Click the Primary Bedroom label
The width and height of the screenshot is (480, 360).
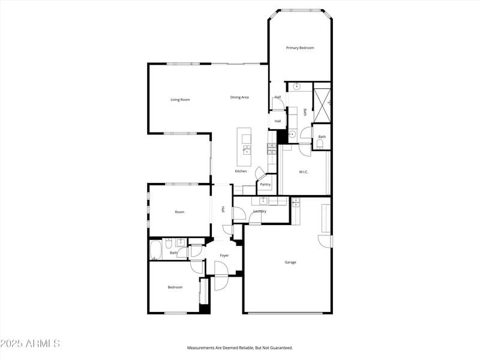[300, 48]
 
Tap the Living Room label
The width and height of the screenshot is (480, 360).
[180, 100]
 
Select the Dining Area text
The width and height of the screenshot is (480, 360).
[239, 97]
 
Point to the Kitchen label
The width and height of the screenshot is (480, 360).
[241, 172]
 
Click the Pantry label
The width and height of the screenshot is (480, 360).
[265, 184]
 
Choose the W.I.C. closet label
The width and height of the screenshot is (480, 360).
[304, 172]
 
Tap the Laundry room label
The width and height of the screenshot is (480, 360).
[260, 211]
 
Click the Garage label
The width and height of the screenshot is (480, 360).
[290, 262]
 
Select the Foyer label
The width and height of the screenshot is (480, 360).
[224, 256]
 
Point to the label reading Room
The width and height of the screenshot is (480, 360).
[179, 212]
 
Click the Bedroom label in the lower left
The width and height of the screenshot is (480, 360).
[175, 287]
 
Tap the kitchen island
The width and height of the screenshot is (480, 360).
[245, 146]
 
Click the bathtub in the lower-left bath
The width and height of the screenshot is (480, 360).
[155, 250]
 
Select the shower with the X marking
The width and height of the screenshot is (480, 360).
[322, 105]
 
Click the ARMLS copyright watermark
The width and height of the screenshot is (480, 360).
[30, 344]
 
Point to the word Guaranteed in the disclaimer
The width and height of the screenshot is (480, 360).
[280, 348]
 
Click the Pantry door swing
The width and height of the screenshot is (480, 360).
[260, 174]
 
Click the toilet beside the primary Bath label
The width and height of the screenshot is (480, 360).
[319, 144]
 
